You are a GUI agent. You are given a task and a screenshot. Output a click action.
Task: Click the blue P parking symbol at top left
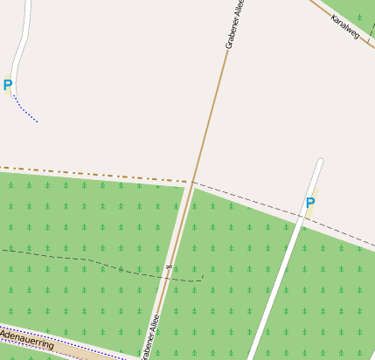pyautogui.click(x=8, y=86)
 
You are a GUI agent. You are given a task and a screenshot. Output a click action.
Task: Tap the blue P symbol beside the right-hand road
pyautogui.click(x=309, y=204)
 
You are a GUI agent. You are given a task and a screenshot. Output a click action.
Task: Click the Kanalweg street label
pyautogui.click(x=345, y=26)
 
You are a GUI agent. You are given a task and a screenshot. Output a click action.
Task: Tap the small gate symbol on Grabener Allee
pyautogui.click(x=168, y=267)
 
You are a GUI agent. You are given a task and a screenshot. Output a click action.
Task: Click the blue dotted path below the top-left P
pyautogui.click(x=26, y=111)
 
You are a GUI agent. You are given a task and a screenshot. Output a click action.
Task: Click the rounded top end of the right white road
pyautogui.click(x=320, y=162)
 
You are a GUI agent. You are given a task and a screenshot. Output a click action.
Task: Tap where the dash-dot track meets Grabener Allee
pyautogui.click(x=191, y=182)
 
